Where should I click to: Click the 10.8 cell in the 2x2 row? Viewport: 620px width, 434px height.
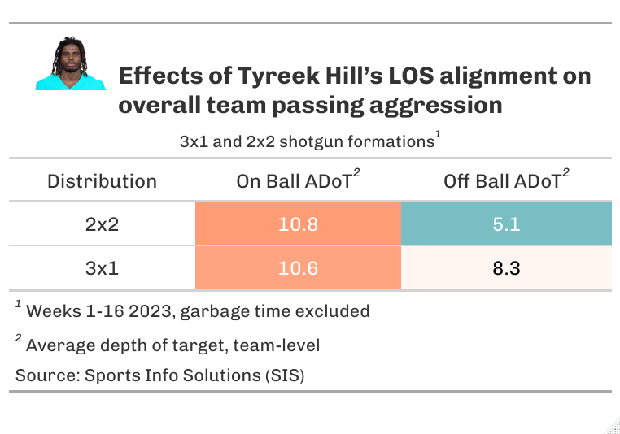coord(298,224)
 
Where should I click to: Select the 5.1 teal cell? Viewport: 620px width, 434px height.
coord(506,224)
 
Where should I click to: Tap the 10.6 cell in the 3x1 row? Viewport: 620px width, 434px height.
coord(298,267)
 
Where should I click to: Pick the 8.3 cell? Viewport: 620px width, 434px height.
coord(506,267)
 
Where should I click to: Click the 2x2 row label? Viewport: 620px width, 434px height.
coord(102,224)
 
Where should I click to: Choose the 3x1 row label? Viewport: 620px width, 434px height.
coord(102,267)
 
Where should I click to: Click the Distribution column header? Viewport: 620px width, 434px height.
coord(102,180)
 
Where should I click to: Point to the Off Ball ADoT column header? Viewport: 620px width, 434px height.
coord(502,180)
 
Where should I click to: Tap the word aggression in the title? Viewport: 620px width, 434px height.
coord(436,106)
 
